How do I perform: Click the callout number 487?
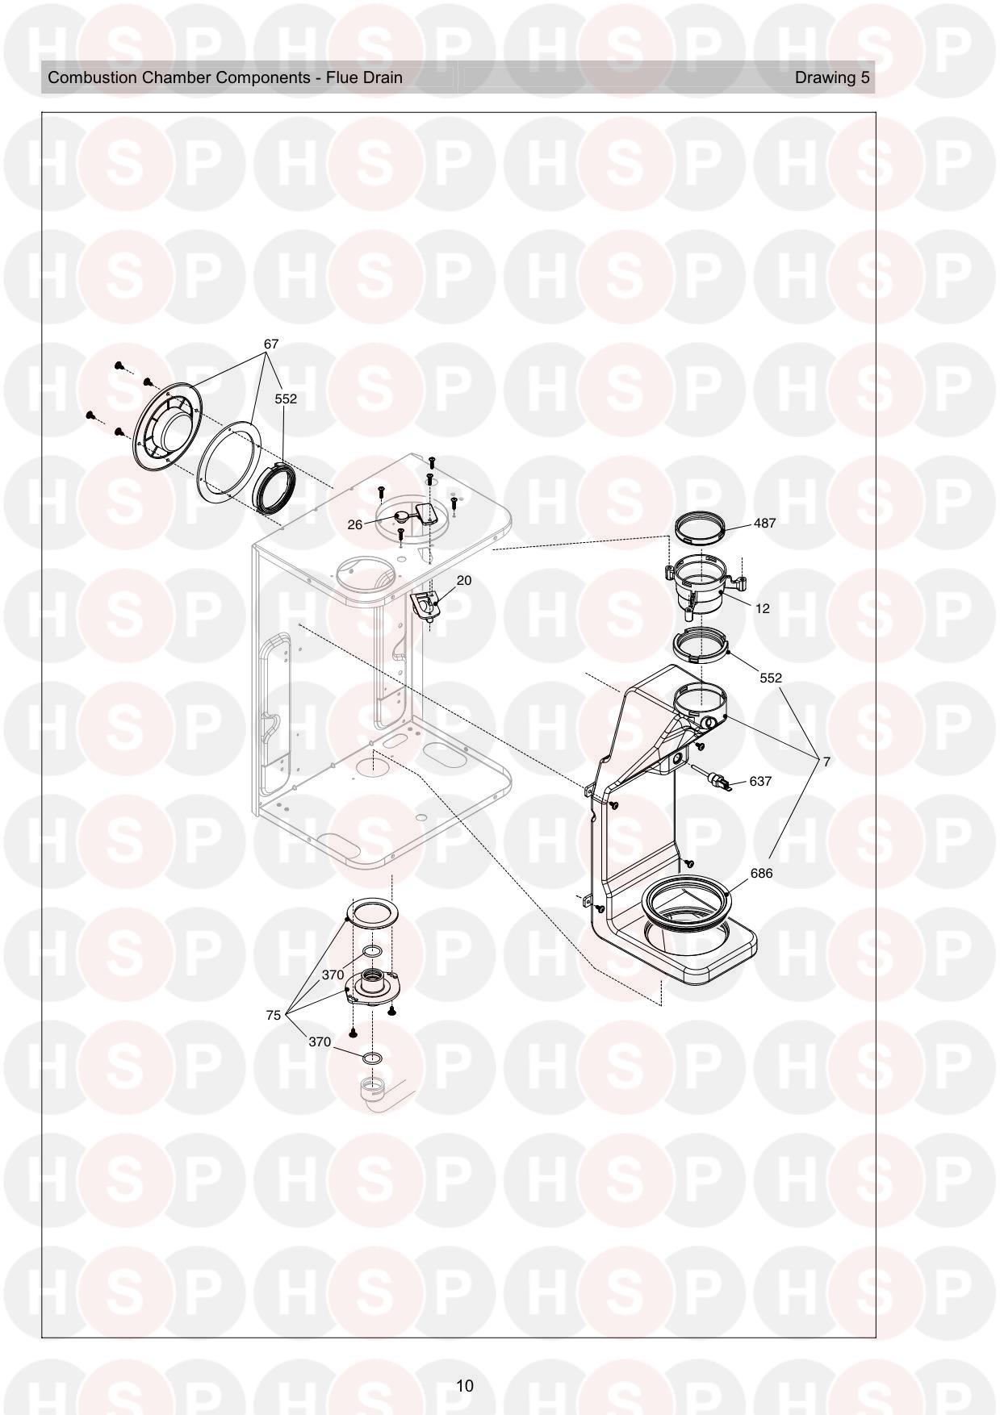point(764,523)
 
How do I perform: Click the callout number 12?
point(762,608)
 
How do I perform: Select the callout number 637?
point(760,781)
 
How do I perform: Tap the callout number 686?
point(761,873)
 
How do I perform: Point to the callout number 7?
point(826,761)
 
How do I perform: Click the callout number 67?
point(271,344)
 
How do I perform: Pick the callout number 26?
point(355,524)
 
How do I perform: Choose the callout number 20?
point(464,580)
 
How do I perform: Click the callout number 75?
point(274,1015)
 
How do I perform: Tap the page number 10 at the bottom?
point(465,1385)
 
